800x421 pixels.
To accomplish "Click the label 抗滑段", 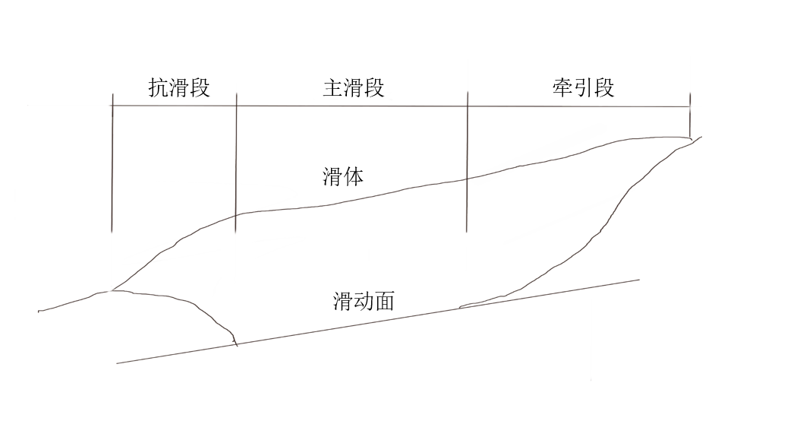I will [x=178, y=88].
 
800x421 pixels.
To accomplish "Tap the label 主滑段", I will [x=354, y=88].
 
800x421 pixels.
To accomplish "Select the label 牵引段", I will [x=583, y=87].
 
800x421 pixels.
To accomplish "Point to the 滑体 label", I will [x=344, y=178].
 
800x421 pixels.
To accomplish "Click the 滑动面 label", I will [x=364, y=302].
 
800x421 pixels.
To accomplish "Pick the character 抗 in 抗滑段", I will [x=158, y=88].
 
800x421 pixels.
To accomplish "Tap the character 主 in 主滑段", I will [x=333, y=88].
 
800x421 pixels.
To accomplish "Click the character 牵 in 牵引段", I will [x=562, y=87].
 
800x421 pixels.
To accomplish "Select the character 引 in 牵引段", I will [x=583, y=87].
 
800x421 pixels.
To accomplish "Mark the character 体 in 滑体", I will [x=354, y=178].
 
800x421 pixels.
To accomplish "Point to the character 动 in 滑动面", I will [x=364, y=302].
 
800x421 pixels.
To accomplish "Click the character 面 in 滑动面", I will [x=385, y=302].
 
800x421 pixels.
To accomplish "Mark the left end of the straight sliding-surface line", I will [x=118, y=363].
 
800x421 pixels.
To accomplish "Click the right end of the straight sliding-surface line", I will [x=639, y=280].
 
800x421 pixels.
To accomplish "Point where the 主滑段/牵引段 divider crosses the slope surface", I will [x=467, y=179].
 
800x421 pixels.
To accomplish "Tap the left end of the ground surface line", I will [x=39, y=311].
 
